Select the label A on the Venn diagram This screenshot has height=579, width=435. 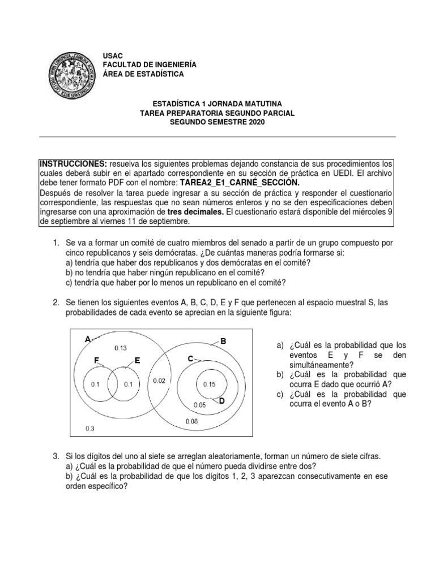87,339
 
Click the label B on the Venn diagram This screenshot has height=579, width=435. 223,341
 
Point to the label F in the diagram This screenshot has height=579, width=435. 97,360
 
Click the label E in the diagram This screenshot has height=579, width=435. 137,360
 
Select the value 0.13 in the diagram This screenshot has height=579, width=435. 121,348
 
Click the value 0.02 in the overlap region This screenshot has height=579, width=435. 159,381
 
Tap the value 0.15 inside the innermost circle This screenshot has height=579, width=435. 209,384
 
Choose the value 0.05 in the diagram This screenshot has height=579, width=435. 199,405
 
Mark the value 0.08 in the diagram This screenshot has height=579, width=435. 192,421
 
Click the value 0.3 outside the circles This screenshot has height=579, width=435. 89,428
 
